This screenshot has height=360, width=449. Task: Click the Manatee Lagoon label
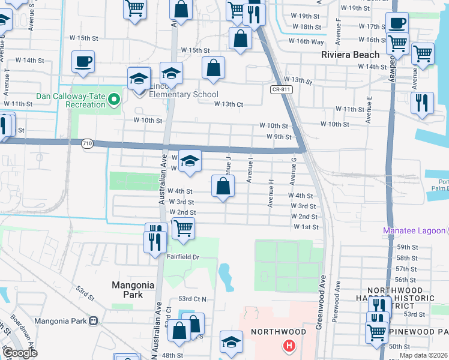(x=415, y=231)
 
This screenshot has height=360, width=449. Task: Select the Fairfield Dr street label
(x=184, y=257)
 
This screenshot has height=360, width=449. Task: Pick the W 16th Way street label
(x=306, y=41)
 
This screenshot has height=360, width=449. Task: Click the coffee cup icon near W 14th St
(x=83, y=61)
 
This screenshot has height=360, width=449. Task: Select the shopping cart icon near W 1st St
(x=183, y=227)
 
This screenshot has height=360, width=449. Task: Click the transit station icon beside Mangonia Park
(x=93, y=320)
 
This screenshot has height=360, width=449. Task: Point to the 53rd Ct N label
(x=192, y=299)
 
